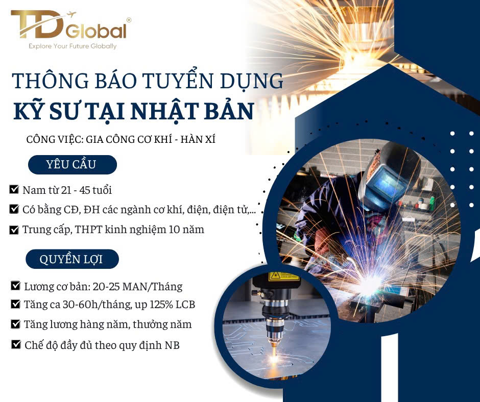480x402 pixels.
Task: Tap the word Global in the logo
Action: [96, 31]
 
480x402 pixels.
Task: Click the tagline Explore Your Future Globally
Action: [73, 46]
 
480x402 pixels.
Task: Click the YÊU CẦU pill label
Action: [73, 165]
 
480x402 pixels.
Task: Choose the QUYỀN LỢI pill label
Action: [72, 259]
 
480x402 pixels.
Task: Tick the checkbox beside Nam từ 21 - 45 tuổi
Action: [14, 189]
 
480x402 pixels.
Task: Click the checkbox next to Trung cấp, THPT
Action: [14, 229]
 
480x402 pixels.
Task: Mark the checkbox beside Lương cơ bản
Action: [15, 286]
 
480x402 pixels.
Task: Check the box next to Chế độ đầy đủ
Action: [16, 344]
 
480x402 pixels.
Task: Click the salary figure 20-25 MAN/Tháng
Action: [137, 286]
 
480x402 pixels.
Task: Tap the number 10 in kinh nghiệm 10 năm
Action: [174, 230]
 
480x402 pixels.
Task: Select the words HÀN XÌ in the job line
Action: [198, 139]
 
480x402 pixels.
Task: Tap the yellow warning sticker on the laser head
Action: [283, 277]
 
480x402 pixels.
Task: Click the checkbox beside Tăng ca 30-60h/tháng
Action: [15, 304]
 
